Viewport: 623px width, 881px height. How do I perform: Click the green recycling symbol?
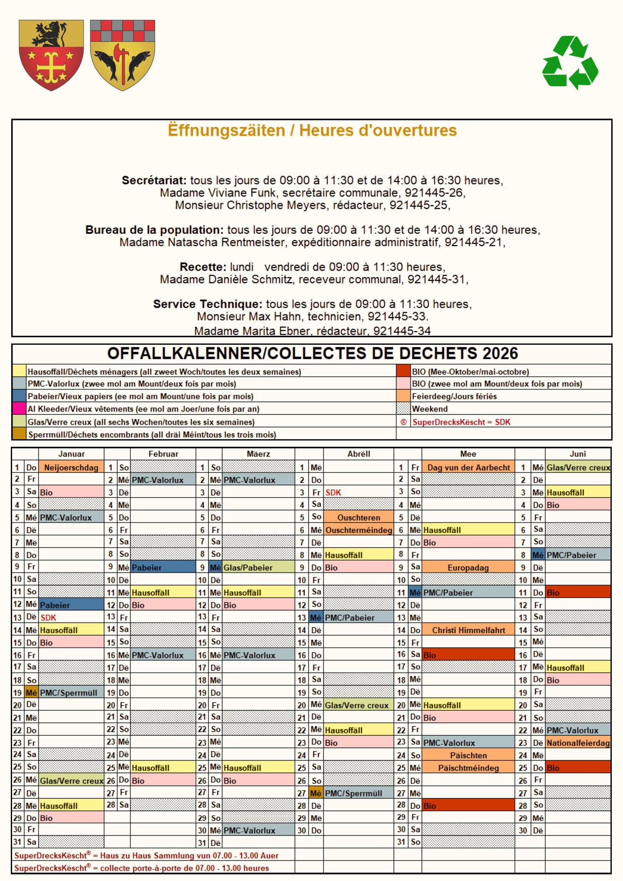[570, 62]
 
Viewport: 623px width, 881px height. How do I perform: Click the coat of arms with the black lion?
[51, 55]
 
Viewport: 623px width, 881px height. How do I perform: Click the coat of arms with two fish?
[122, 55]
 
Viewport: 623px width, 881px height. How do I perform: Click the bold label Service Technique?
[208, 304]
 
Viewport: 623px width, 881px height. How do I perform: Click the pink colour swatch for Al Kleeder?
[19, 409]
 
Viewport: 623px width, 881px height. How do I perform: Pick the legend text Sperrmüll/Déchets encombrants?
[151, 435]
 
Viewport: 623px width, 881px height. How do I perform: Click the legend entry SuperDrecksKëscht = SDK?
[461, 422]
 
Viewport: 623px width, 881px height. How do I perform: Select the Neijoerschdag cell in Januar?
[71, 467]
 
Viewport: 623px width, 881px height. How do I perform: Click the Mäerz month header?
[258, 454]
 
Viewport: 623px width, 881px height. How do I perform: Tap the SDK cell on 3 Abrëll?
[333, 493]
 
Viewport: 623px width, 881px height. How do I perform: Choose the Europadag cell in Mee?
[468, 567]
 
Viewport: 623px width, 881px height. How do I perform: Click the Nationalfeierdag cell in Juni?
[578, 743]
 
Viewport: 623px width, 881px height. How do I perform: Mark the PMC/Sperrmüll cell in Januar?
[69, 693]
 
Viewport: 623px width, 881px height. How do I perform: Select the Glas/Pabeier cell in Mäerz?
[248, 567]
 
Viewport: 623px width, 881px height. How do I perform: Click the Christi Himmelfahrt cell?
[468, 630]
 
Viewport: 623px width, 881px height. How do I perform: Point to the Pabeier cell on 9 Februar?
[146, 567]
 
